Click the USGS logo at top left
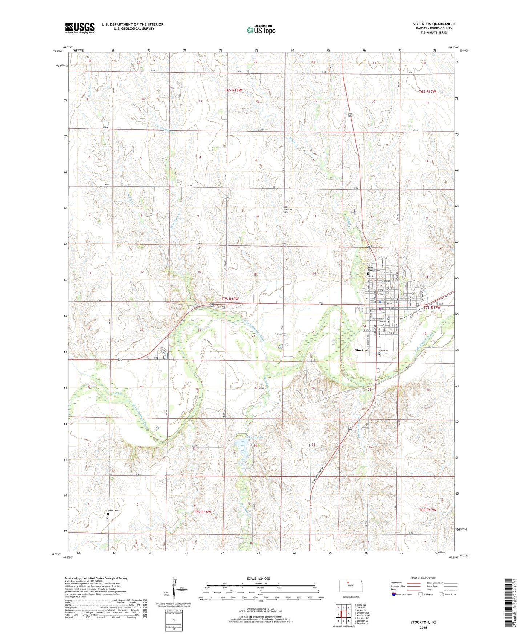(x=80, y=28)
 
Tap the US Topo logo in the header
(x=261, y=30)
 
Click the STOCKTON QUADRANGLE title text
(x=433, y=24)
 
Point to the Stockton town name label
(x=362, y=350)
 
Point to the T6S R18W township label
(x=233, y=90)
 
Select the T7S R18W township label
(x=230, y=299)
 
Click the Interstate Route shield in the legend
(x=393, y=594)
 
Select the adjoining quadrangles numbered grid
(x=343, y=614)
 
